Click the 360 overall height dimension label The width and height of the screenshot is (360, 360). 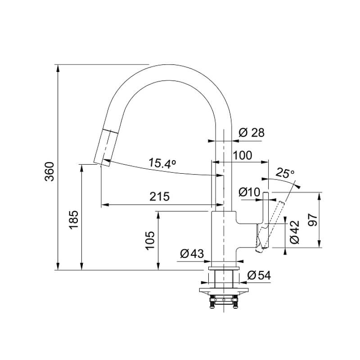point(49,172)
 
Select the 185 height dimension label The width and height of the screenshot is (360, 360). point(74,220)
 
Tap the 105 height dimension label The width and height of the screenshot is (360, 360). point(150,240)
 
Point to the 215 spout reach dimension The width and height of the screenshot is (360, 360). point(160,197)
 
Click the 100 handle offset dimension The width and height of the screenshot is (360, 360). point(243,155)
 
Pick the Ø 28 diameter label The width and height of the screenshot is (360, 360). point(252,133)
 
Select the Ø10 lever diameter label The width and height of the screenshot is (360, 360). point(249,192)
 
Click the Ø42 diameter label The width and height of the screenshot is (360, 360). point(295,232)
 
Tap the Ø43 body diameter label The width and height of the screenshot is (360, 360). point(192,254)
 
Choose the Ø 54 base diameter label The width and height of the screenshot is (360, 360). point(259,275)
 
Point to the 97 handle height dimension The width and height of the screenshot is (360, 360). point(313,220)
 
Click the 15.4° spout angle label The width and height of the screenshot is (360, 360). point(162,163)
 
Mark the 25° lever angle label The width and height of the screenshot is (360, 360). point(285,173)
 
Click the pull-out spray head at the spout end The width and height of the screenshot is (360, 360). point(106,148)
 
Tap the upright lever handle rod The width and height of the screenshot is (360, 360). point(265,208)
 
